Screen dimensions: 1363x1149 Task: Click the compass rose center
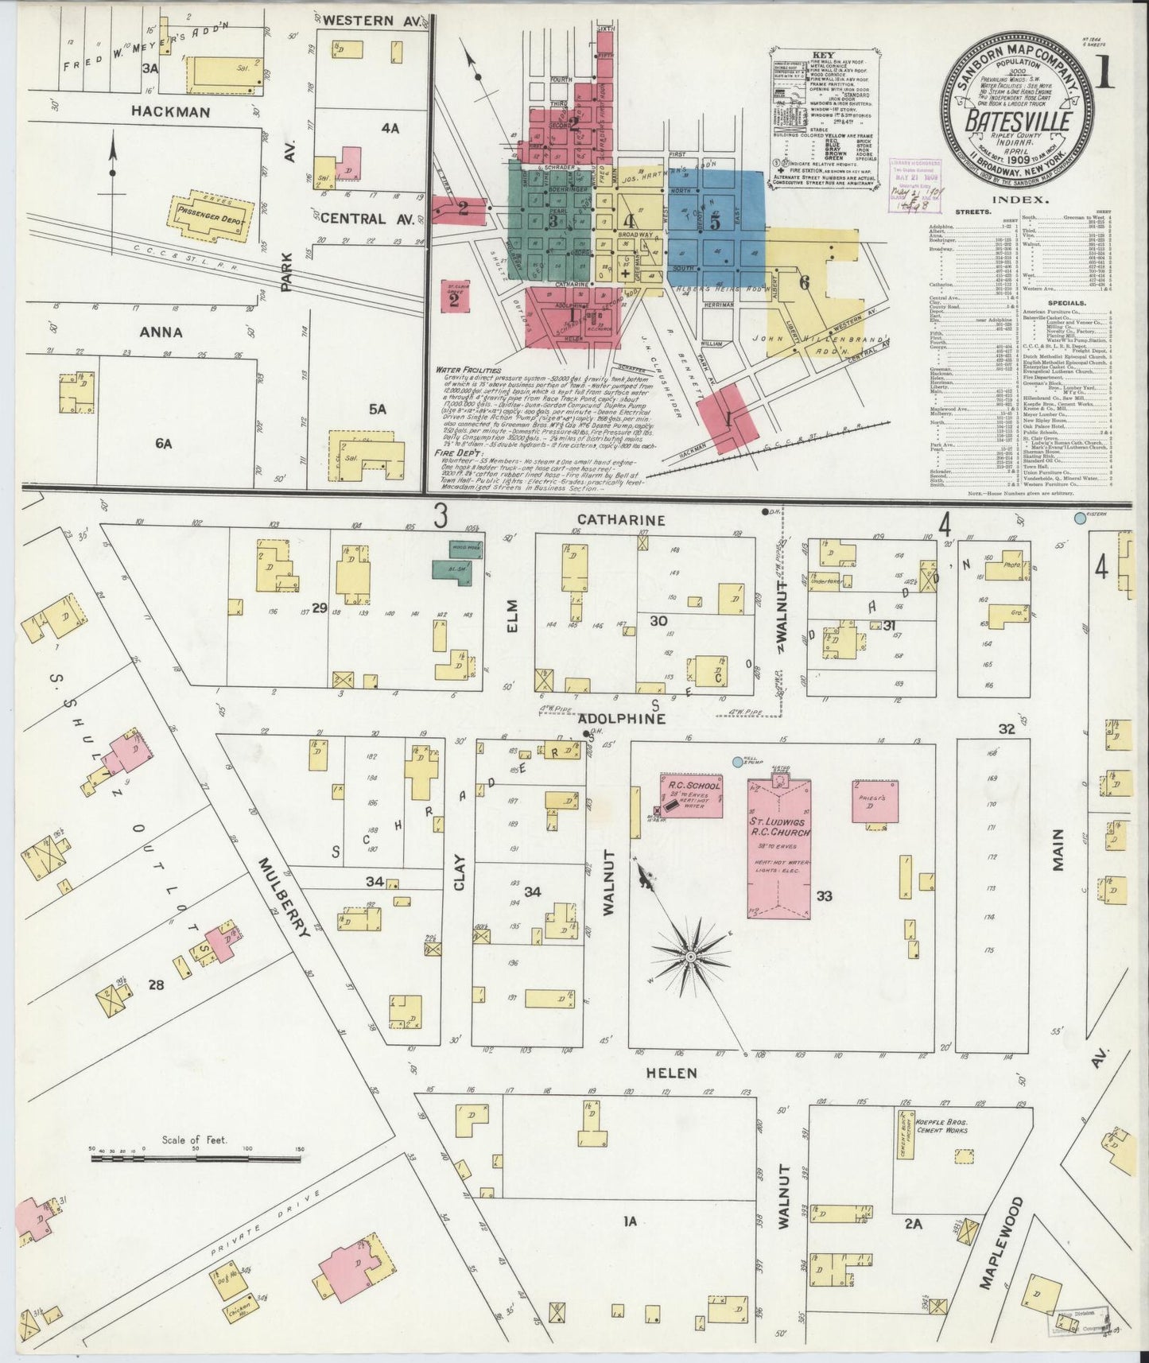click(690, 955)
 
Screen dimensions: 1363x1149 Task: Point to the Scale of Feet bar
click(196, 1159)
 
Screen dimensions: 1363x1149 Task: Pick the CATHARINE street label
click(620, 519)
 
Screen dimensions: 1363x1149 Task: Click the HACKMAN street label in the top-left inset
click(171, 112)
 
